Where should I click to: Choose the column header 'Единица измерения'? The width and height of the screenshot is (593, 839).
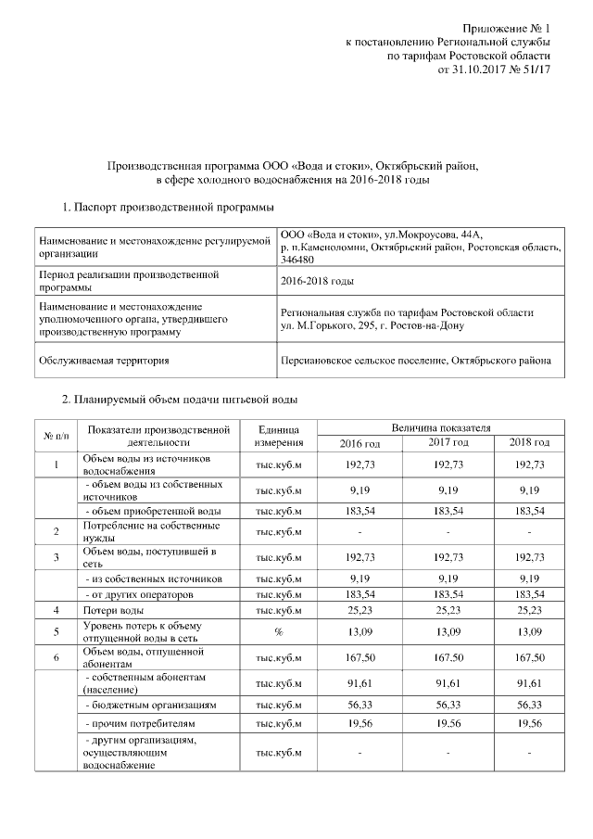(279, 434)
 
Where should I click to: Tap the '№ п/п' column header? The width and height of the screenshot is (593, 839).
(56, 435)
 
